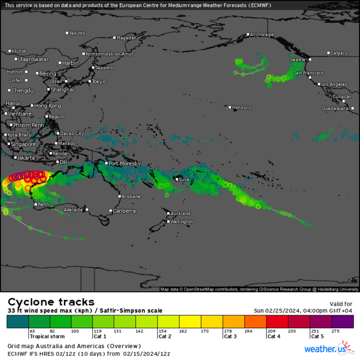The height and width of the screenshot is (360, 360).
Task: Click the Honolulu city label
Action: [242, 107]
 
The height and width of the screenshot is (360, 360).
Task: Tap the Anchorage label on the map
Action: [261, 34]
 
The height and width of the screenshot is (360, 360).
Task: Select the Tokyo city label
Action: [99, 81]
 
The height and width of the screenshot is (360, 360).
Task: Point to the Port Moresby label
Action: [124, 164]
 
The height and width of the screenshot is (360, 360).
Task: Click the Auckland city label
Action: [181, 213]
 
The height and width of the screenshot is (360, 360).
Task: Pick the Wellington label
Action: [183, 222]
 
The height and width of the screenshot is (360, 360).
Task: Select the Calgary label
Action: [339, 53]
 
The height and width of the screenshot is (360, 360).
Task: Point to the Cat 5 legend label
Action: [317, 336]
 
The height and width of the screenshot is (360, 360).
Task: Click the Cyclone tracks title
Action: [51, 302]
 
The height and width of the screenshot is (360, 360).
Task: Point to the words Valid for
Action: [340, 304]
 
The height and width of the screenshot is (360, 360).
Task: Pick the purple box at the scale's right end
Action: [343, 322]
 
